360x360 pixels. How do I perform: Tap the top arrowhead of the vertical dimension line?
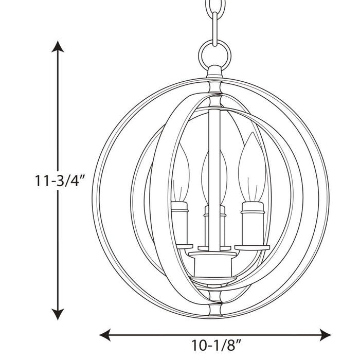coord(58,47)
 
